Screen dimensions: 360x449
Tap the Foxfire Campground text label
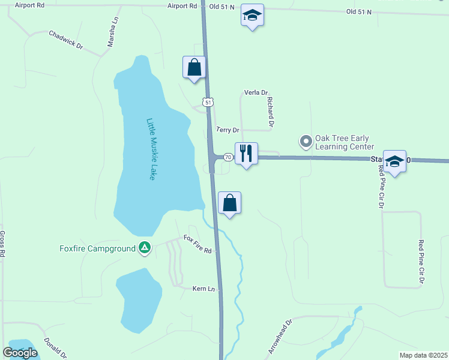pyautogui.click(x=97, y=248)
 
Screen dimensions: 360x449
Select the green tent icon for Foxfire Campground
pyautogui.click(x=144, y=247)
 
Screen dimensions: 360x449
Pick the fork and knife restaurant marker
pyautogui.click(x=246, y=154)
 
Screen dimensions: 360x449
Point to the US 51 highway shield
pyautogui.click(x=208, y=103)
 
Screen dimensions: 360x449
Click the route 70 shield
pyautogui.click(x=228, y=157)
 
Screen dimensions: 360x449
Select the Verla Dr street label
pyautogui.click(x=255, y=92)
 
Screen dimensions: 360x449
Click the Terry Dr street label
pyautogui.click(x=228, y=130)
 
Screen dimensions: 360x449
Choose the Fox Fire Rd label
pyautogui.click(x=198, y=244)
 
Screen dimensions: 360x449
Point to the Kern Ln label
pyautogui.click(x=203, y=289)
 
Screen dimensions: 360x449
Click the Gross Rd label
pyautogui.click(x=2, y=244)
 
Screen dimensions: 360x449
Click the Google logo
pyautogui.click(x=20, y=353)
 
